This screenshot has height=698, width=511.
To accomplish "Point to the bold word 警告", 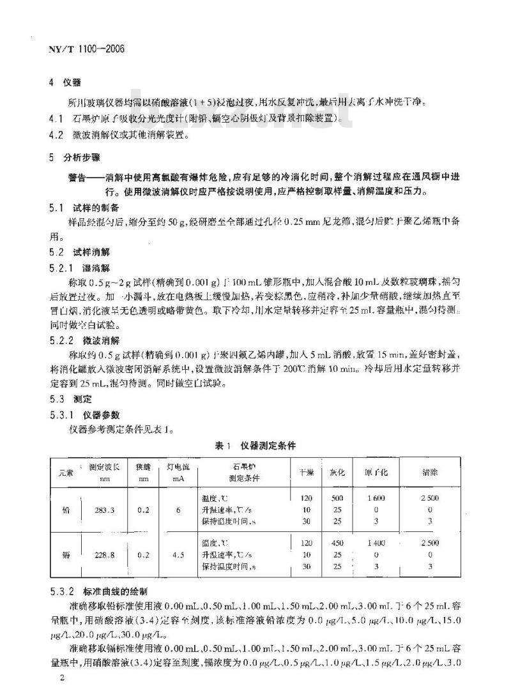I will point(80,175).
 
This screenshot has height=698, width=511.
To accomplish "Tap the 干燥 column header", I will point(306,473).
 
